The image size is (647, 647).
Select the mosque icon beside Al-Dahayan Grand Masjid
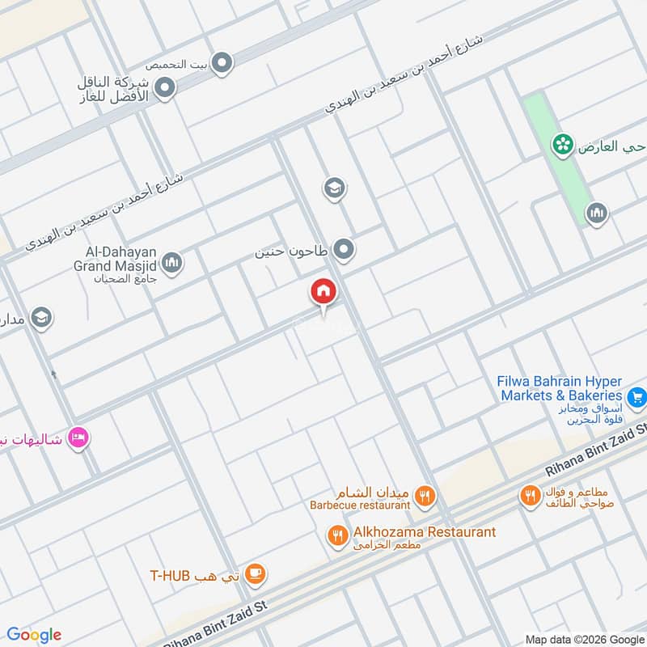point(171,263)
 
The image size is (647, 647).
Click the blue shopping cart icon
point(636,396)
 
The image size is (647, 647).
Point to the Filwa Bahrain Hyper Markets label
point(560,387)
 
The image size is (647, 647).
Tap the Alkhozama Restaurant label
point(425,532)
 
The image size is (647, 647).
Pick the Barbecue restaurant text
point(360,505)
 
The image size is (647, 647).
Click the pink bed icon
point(78,438)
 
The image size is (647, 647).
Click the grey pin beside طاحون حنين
point(345,251)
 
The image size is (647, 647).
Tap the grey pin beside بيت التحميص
point(222,62)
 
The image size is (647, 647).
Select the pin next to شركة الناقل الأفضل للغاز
point(165,88)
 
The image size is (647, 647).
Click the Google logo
point(34,635)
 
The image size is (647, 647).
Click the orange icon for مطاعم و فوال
point(531,496)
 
